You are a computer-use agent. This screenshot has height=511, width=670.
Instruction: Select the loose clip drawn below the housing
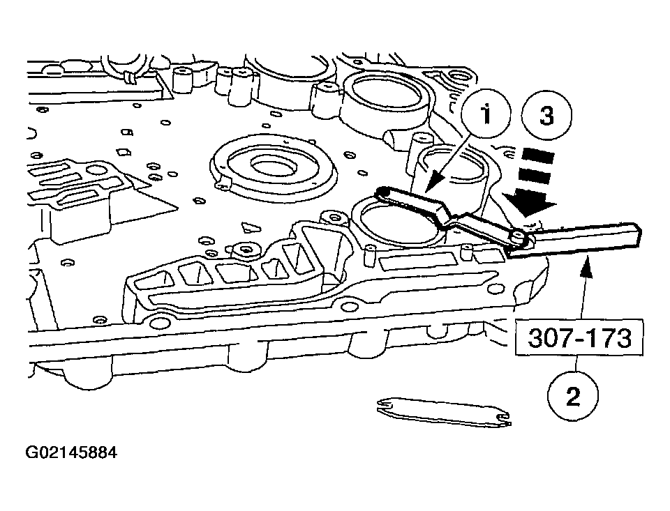(x=442, y=413)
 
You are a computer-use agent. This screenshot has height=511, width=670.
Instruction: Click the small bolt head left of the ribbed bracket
(x=245, y=249)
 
